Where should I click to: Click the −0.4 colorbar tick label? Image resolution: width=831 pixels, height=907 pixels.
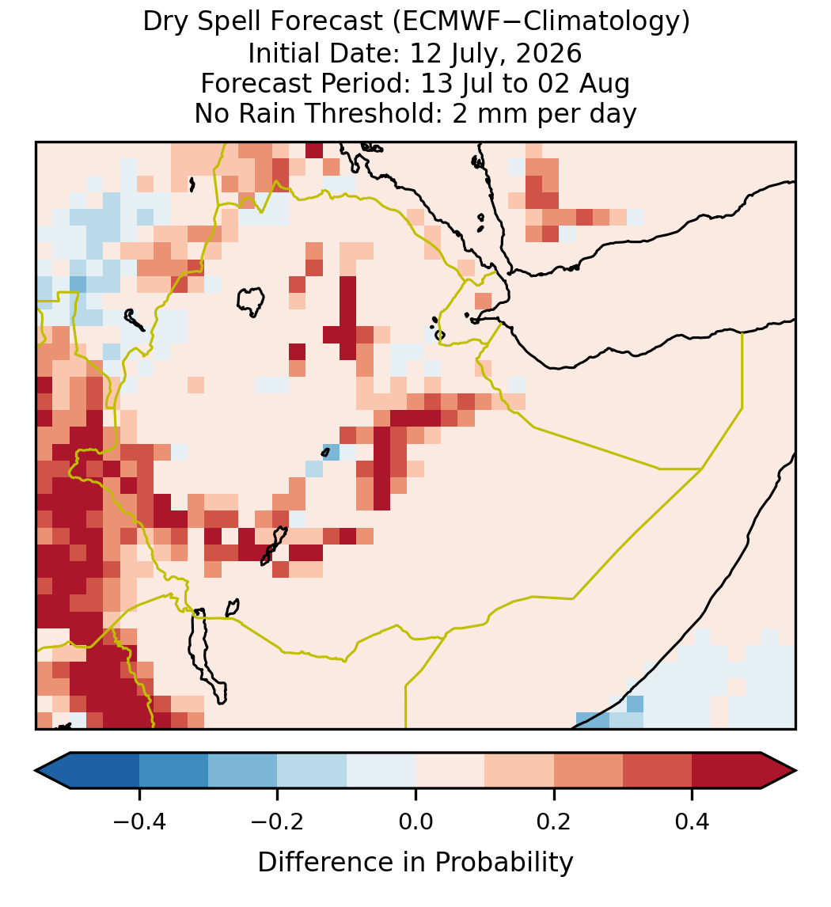coord(139,821)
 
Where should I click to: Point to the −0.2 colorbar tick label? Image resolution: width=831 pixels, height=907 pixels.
coord(278,821)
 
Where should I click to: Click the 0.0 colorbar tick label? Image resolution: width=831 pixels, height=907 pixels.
coord(415,821)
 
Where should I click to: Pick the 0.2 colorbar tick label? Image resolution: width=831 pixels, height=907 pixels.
coord(554,821)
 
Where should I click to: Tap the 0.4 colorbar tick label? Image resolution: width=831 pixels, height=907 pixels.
coord(692,821)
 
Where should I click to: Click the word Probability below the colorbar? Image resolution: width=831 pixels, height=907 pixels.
coord(503,863)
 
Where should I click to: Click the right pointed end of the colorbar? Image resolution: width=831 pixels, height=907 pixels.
coord(795,771)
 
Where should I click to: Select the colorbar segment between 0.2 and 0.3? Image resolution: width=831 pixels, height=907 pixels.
coord(588,771)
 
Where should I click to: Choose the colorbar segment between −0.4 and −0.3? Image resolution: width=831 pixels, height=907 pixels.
coord(173,771)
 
